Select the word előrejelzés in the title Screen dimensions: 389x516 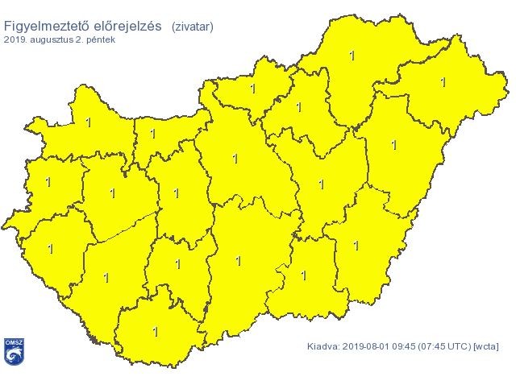coord(127,26)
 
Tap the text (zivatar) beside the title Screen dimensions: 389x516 coord(193,27)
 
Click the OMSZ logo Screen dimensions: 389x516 coord(13,352)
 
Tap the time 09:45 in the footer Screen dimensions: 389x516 coord(408,347)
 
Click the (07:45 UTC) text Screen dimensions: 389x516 coord(448,347)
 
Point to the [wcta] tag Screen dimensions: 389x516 coord(487,347)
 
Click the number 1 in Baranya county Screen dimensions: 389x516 coord(156,331)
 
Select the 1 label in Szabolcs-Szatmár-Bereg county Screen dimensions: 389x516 coord(443,82)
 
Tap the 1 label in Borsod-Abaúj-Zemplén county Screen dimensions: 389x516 coord(352,56)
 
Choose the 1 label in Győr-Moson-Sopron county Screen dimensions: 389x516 coord(87,122)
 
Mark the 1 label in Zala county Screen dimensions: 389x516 coord(51,249)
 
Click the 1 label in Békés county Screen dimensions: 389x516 coord(356,245)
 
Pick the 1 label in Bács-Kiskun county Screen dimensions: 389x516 coord(238,261)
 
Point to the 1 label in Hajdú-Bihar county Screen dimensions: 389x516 coord(393,146)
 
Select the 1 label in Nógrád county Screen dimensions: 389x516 coord(252,89)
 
